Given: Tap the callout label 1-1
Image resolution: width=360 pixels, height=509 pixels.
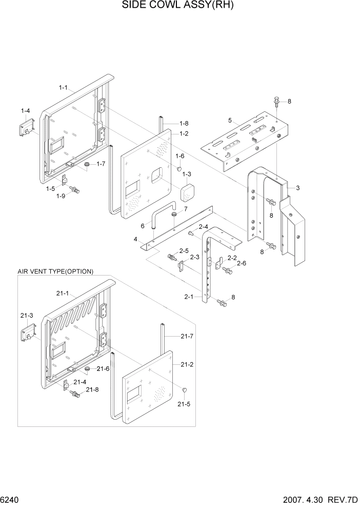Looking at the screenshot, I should click(x=64, y=87).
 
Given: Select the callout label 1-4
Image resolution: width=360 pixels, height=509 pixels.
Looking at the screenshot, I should click(x=25, y=111).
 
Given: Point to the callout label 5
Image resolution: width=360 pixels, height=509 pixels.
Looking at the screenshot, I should click(x=231, y=121).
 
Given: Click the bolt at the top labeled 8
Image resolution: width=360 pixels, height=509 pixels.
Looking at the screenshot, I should click(x=277, y=102).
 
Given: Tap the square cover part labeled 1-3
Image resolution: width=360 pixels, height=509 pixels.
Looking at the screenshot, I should click(x=188, y=193).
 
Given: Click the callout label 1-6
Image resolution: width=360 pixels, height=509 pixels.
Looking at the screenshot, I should click(x=179, y=156).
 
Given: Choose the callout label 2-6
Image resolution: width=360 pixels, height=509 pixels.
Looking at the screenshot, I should click(x=241, y=263).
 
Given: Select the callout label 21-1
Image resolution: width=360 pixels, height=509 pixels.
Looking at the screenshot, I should click(x=63, y=293).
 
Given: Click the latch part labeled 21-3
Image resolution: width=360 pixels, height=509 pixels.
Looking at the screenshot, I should click(x=28, y=334).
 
